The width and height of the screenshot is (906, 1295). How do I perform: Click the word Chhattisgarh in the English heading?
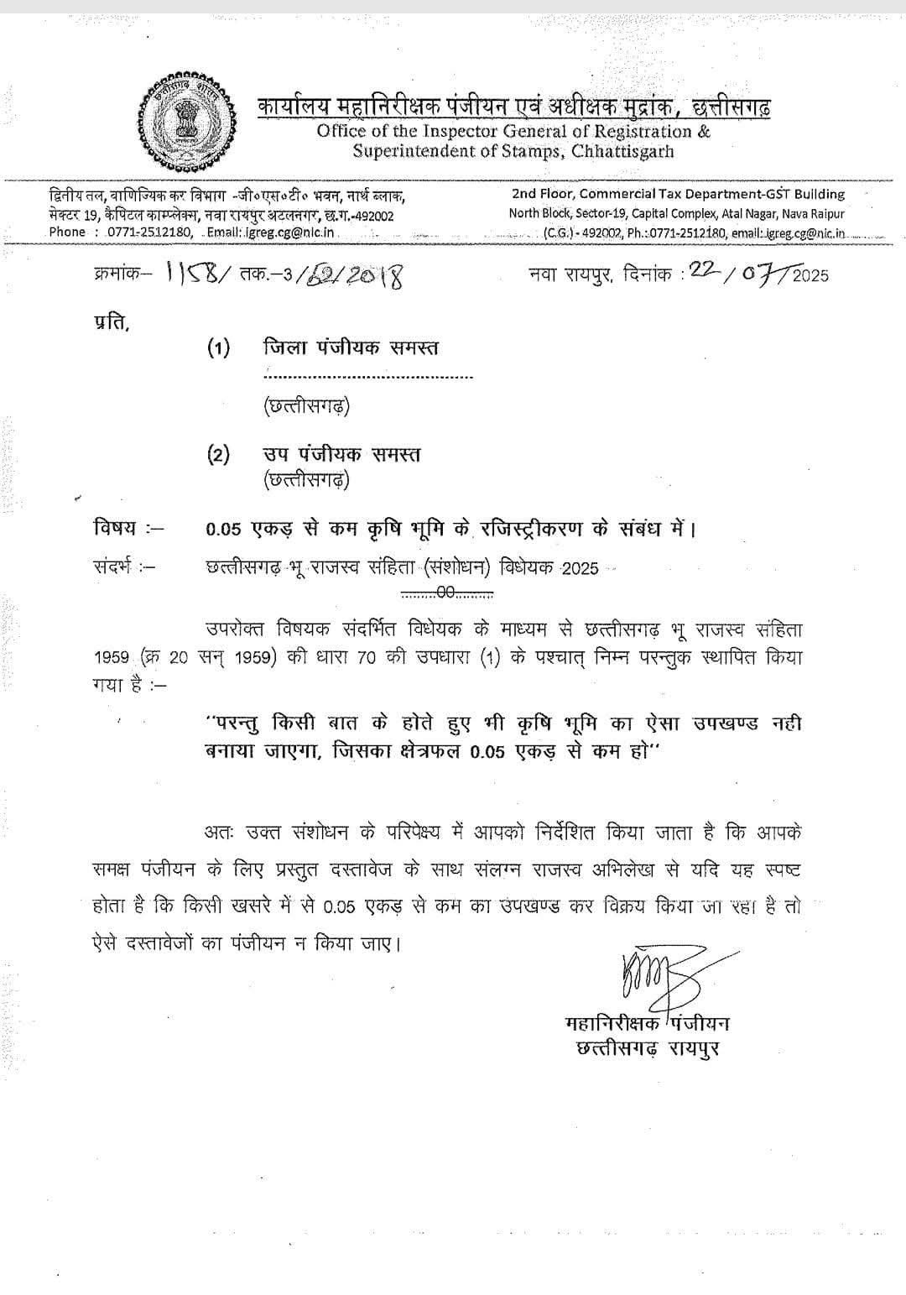pos(622,152)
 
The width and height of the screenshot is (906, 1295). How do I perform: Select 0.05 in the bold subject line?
pos(224,530)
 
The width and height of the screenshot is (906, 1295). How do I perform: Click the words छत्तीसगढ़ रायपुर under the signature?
pos(648,1049)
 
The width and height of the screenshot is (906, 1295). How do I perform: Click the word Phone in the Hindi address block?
pos(67,232)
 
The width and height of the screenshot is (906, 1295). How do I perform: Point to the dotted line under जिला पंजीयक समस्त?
pos(368,377)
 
